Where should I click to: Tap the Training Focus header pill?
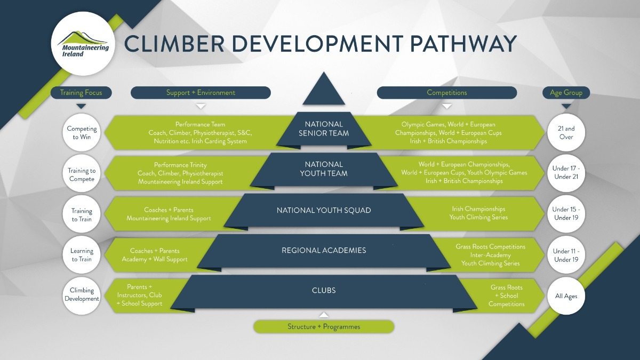coord(81,93)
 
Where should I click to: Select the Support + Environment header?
coord(201,93)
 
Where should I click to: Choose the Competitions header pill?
coord(447,93)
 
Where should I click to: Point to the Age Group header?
coord(566,93)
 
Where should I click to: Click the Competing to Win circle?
coord(82,133)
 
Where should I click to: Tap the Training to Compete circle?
coord(82,175)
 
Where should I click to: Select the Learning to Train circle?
coord(82,255)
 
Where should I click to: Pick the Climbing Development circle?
coord(82,294)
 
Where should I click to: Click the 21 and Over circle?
coord(566,133)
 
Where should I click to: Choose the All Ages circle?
coord(566,296)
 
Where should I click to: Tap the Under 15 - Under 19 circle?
coord(566,213)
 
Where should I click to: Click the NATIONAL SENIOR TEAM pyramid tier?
coord(324,129)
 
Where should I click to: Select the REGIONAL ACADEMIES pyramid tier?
coord(324,250)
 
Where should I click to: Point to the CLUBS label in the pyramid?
coord(324,291)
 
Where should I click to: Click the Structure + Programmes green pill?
coord(324,326)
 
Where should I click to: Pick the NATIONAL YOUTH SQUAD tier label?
coord(324,210)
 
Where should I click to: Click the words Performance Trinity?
coord(180,165)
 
